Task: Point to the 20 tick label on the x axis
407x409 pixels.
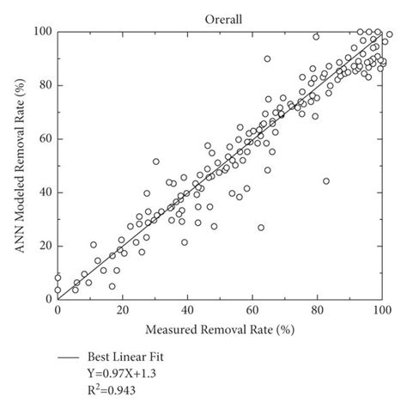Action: pyautogui.click(x=123, y=311)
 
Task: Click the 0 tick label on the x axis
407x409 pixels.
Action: pyautogui.click(x=58, y=311)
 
